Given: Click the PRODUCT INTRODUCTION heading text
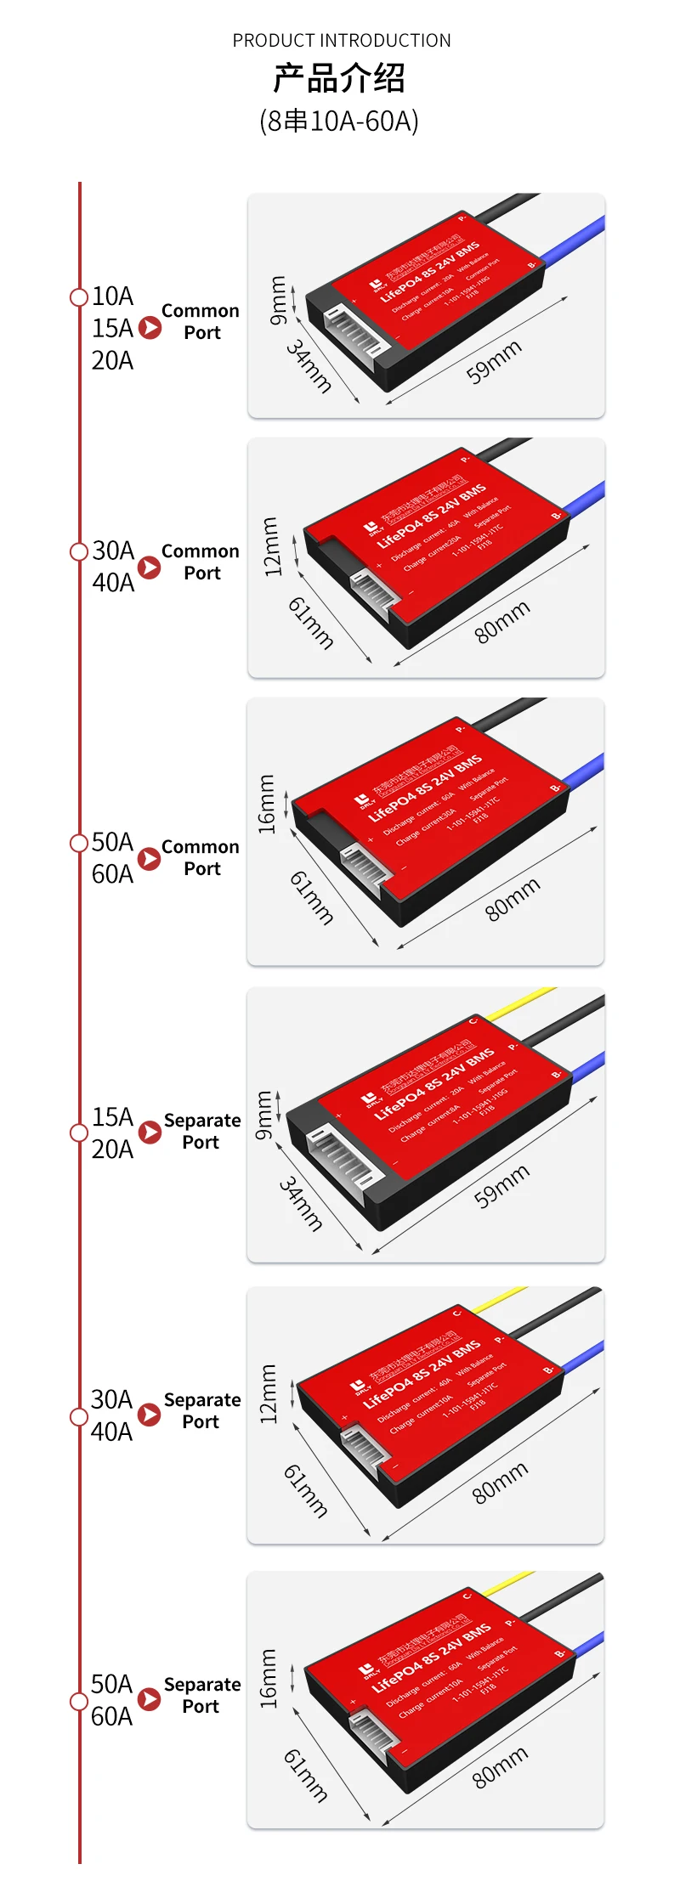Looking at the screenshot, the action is point(342,40).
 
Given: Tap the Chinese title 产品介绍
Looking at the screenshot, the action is point(338,79).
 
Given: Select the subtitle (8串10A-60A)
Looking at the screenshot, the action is point(338,121).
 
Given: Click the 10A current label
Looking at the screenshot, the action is point(112,296).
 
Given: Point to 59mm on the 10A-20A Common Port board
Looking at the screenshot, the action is point(494,362).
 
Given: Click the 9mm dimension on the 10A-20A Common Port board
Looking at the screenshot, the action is point(278,300).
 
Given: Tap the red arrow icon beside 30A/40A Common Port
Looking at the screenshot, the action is point(149,568).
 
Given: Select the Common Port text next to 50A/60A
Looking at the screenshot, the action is point(201,857).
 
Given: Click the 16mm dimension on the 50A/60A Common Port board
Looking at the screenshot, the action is point(267,804).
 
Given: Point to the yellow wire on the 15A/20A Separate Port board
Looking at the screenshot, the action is point(520,1003).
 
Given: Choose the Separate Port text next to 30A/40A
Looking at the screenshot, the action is point(201,1410).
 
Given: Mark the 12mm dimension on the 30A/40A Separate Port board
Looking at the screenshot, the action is point(269,1394).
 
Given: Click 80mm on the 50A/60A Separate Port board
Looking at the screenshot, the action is point(500,1766).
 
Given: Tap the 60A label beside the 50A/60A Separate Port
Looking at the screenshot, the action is point(111,1715).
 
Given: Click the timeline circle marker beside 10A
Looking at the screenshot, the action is point(79,297).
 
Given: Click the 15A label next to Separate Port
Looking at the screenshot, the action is point(112,1116).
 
